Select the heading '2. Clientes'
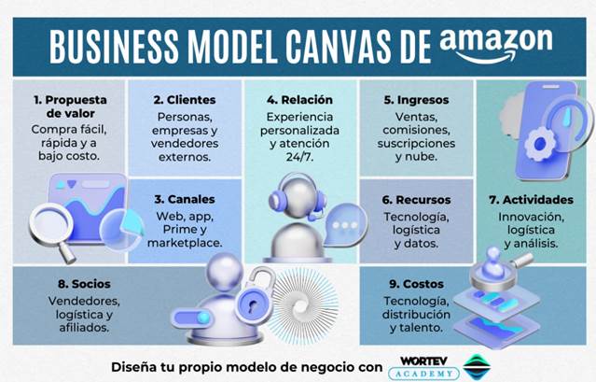[x=184, y=99]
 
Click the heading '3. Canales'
[x=184, y=199]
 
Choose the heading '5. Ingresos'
[x=416, y=99]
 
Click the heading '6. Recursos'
[x=416, y=199]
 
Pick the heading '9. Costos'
[x=416, y=283]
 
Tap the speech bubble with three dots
[x=347, y=227]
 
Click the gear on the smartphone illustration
[x=540, y=145]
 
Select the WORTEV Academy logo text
[x=423, y=365]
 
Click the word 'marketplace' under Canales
[x=185, y=243]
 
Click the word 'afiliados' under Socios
[x=84, y=328]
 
